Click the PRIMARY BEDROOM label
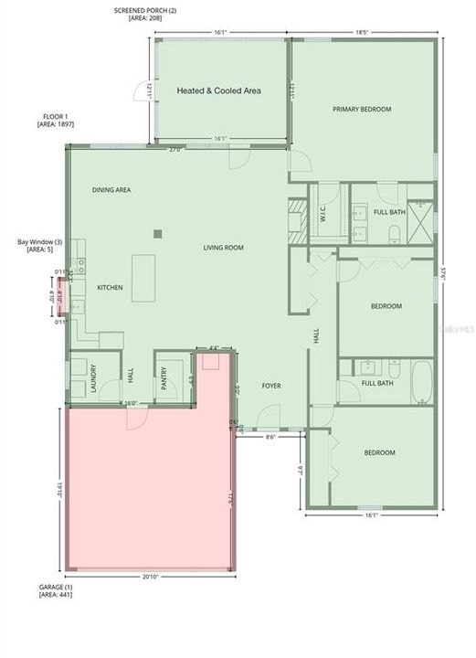362,110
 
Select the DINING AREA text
111,190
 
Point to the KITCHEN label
110,288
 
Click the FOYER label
271,387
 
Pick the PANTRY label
164,379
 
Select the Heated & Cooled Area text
219,90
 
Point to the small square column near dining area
158,233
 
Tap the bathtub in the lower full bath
421,382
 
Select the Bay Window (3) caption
40,246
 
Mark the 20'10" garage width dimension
153,578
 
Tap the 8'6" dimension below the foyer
271,438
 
